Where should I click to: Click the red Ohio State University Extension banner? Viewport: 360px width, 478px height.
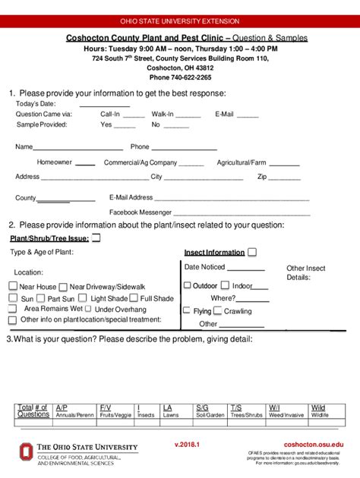pyautogui.click(x=180, y=21)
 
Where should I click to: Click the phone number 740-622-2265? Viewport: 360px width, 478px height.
pyautogui.click(x=180, y=77)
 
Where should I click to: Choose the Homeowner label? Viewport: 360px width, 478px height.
pyautogui.click(x=55, y=162)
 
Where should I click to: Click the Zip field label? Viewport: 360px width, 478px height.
pyautogui.click(x=262, y=177)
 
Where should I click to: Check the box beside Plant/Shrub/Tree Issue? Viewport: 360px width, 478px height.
pyautogui.click(x=96, y=237)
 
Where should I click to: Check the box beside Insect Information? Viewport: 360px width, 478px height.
pyautogui.click(x=251, y=252)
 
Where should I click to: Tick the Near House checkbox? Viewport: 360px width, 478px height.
pyautogui.click(x=13, y=286)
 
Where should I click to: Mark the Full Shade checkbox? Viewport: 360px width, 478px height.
pyautogui.click(x=135, y=298)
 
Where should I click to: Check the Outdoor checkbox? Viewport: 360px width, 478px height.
pyautogui.click(x=187, y=285)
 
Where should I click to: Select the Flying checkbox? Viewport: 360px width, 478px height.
pyautogui.click(x=187, y=311)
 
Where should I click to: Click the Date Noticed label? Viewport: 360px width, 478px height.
pyautogui.click(x=204, y=267)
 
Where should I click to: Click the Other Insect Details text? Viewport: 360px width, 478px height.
pyautogui.click(x=305, y=272)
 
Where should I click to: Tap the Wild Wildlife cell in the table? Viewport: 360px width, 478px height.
pyautogui.click(x=320, y=411)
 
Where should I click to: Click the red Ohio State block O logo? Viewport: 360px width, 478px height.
pyautogui.click(x=26, y=452)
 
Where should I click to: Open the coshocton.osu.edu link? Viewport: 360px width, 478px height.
pyautogui.click(x=313, y=444)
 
